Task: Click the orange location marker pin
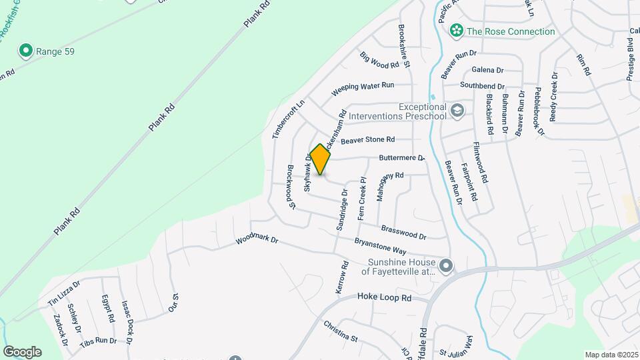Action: coord(320,159)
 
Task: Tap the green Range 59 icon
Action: coord(25,51)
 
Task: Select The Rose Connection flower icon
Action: coord(457,31)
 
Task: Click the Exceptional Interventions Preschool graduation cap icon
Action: coord(457,110)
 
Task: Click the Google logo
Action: coord(22,351)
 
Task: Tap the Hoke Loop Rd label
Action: coord(384,297)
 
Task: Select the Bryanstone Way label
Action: coord(381,245)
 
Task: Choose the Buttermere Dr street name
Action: coord(401,158)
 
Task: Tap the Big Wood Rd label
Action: coord(379,61)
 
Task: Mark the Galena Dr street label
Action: coord(487,69)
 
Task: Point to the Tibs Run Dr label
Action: coord(98,341)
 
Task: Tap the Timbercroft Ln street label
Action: coord(279,119)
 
